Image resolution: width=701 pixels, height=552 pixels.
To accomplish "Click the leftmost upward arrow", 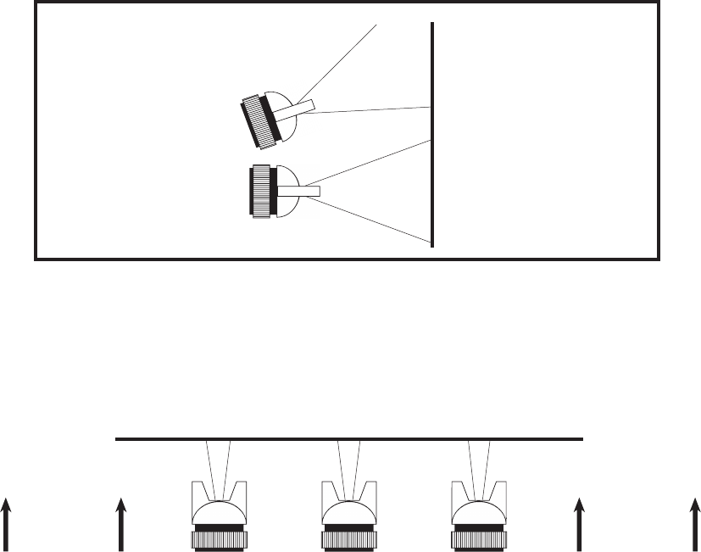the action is (x=7, y=525).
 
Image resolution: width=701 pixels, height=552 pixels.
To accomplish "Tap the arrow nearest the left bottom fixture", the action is (x=120, y=525).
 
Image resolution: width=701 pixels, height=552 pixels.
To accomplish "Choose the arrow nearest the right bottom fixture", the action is (x=581, y=525).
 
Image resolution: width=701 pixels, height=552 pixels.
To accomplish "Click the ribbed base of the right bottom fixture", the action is (x=479, y=538).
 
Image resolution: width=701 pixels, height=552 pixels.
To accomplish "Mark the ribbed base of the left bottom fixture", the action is (x=219, y=538).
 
